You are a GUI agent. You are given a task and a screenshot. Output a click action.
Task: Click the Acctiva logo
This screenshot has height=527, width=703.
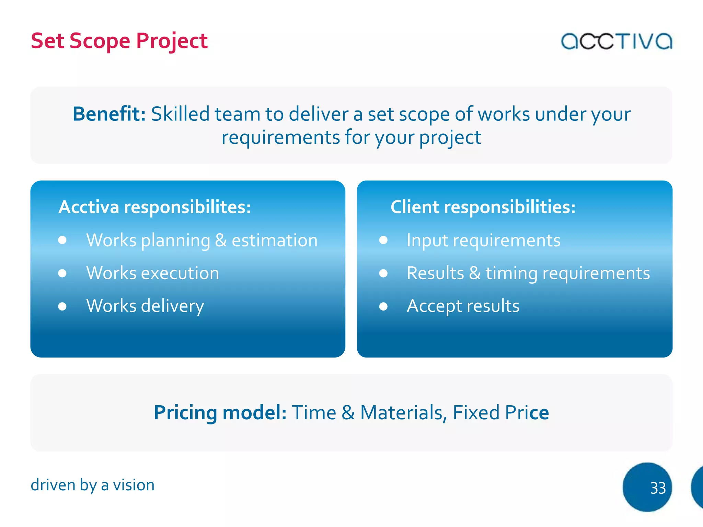[616, 42]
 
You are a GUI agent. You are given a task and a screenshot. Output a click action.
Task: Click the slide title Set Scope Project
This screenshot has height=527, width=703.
[119, 41]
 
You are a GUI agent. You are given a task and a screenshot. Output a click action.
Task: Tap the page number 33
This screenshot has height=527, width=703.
[657, 488]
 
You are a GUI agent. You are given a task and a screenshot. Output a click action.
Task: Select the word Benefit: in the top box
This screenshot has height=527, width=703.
[109, 114]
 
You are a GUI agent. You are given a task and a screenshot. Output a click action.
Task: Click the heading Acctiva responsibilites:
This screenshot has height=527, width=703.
[155, 207]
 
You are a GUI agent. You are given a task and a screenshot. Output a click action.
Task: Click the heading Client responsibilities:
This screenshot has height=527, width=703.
[483, 207]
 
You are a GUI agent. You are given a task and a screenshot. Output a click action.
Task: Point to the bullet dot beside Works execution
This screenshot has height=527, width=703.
[62, 273]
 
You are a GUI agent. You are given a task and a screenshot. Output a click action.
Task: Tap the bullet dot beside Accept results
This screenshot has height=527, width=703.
[383, 306]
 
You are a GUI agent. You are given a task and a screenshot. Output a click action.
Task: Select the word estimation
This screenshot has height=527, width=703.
[275, 240]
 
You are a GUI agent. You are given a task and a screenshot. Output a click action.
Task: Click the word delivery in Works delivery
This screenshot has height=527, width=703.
[172, 306]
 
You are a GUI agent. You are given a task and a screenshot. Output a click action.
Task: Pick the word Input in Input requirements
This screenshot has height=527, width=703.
[427, 241]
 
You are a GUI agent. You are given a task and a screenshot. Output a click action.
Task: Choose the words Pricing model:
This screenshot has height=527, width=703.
[220, 412]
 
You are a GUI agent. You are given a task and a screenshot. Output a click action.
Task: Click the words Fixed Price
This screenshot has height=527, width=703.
[500, 412]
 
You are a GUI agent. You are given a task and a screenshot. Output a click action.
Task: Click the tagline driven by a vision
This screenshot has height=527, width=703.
[92, 485]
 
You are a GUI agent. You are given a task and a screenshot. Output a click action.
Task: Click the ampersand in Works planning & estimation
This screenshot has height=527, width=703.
[221, 240]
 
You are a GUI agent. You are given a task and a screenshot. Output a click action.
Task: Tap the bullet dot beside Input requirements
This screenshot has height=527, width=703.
[383, 240]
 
